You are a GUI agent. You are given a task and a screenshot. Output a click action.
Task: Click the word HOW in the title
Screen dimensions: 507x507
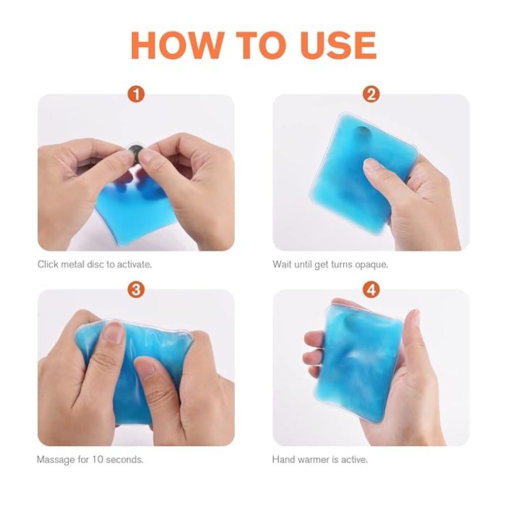coord(177,45)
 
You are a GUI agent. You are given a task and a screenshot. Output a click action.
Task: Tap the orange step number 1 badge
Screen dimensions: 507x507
coord(136,94)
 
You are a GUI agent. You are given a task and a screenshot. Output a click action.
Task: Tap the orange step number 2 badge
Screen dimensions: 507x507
coord(371,94)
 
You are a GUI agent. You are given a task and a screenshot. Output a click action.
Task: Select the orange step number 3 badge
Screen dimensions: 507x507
coord(136,289)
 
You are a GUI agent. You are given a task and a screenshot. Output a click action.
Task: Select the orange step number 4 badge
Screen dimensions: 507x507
coord(371,289)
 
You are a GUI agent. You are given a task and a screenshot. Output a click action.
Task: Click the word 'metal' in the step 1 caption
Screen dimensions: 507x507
coord(73,265)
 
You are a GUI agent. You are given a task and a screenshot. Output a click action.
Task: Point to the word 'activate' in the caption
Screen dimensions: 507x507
coord(133,265)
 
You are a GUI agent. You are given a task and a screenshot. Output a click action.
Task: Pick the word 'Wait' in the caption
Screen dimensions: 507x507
coord(282,265)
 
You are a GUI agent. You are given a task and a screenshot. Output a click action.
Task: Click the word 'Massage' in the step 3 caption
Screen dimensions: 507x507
coord(56,460)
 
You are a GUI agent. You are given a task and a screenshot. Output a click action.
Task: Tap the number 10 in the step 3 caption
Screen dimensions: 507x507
coord(97,459)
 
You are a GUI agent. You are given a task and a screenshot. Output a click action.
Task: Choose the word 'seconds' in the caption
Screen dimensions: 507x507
coord(123,459)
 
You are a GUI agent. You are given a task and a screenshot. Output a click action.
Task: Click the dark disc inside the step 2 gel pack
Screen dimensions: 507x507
coord(362,132)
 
